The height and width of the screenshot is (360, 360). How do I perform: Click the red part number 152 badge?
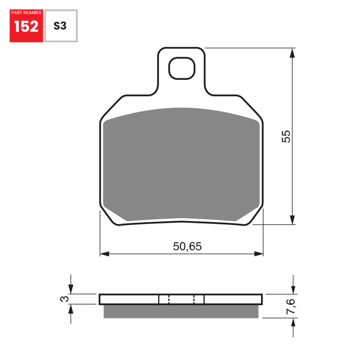click(x=26, y=26)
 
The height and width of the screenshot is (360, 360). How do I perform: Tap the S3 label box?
click(x=60, y=26)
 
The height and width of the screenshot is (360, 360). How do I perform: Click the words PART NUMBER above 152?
click(x=26, y=13)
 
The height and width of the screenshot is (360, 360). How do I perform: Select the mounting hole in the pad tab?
click(x=182, y=68)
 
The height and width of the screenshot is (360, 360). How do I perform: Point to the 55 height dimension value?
click(x=286, y=136)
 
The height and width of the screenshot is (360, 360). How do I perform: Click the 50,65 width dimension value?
click(x=187, y=247)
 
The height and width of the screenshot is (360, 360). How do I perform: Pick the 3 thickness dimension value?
click(x=64, y=299)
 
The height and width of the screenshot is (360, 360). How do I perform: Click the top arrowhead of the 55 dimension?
click(x=292, y=53)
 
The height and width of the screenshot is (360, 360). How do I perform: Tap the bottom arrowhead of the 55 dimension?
click(x=292, y=220)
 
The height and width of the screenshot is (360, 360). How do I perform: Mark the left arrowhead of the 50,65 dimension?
click(x=104, y=254)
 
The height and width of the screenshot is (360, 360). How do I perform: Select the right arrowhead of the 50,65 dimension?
click(x=259, y=254)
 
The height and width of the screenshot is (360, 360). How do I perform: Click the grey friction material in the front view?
click(x=181, y=164)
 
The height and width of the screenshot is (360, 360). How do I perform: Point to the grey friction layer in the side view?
click(x=181, y=311)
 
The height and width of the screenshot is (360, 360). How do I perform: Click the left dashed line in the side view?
click(x=169, y=299)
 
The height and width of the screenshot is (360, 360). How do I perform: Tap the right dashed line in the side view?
click(x=194, y=299)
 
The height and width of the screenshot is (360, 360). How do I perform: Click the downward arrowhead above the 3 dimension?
click(x=71, y=289)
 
